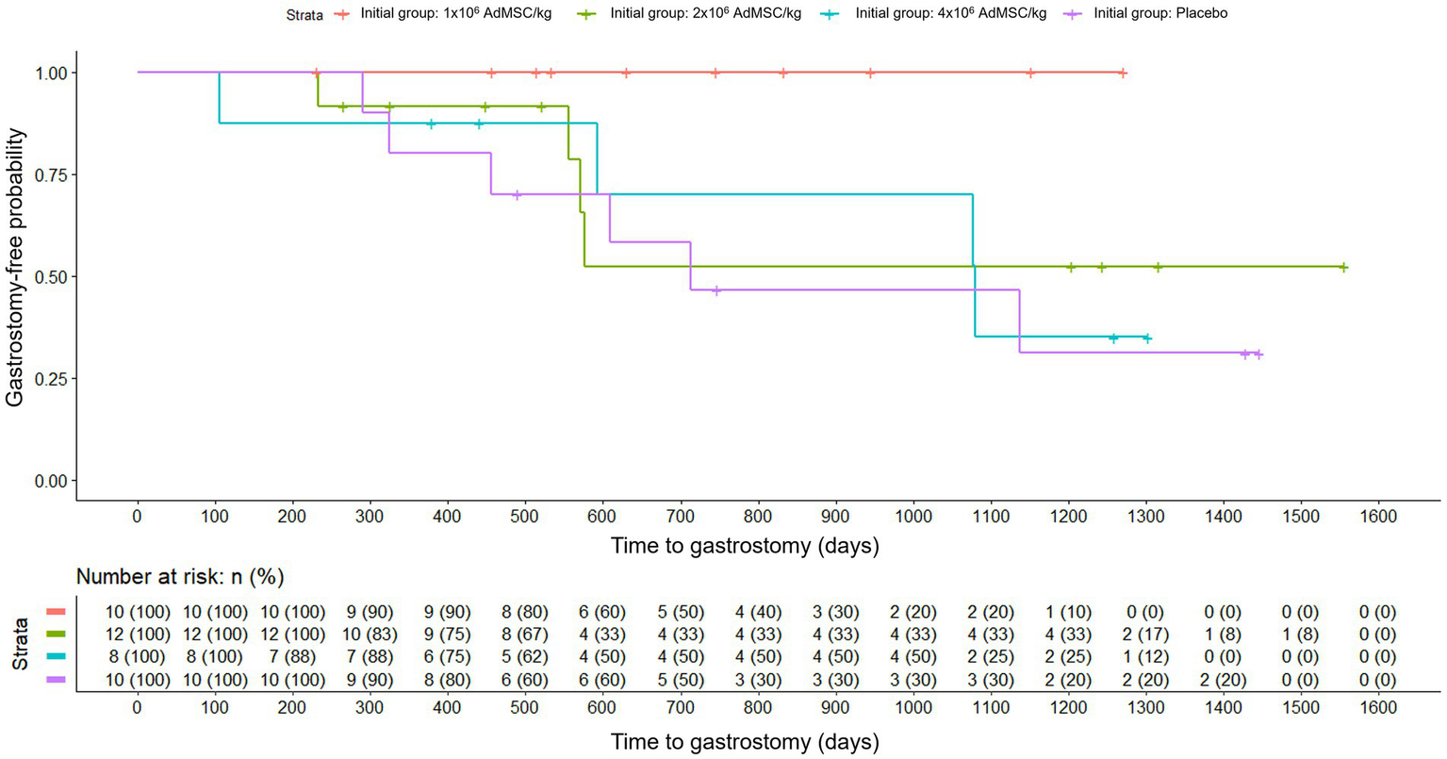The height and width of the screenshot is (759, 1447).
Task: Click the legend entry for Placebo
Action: (x=1159, y=14)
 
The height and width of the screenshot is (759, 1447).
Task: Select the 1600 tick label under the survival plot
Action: (x=1378, y=517)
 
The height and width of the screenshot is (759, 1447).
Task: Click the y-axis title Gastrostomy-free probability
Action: (x=15, y=268)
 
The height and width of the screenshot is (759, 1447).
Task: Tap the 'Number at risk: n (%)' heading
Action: (x=180, y=577)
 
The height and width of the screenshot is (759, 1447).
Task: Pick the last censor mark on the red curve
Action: (x=1122, y=74)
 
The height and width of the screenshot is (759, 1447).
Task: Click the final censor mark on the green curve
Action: (x=1343, y=268)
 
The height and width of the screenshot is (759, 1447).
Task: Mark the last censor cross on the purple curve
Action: (x=1258, y=355)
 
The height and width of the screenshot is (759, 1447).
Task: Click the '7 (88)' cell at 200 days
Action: (x=292, y=657)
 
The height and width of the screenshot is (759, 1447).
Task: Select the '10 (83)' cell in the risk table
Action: (x=370, y=635)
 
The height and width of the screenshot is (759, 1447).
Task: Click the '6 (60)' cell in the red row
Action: (x=601, y=612)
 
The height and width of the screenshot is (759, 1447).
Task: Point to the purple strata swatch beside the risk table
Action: (x=56, y=680)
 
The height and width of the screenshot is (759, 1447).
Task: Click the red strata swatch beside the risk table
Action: (x=56, y=612)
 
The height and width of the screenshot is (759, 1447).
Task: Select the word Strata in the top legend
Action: (x=304, y=15)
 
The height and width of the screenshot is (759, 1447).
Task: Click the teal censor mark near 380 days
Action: (x=431, y=124)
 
